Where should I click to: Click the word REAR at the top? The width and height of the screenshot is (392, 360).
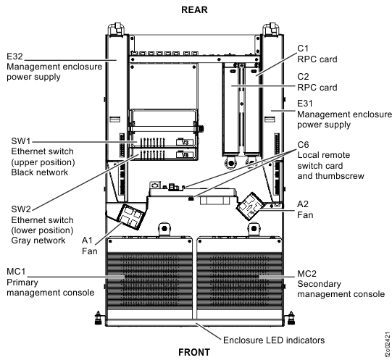(x=194, y=9)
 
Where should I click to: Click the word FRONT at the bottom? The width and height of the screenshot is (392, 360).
(x=194, y=352)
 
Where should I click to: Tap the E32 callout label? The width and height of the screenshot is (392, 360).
(x=14, y=56)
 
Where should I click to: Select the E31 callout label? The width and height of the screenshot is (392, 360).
(x=305, y=104)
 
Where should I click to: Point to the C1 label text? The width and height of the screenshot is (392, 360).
(x=303, y=49)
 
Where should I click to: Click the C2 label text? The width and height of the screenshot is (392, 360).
(x=303, y=77)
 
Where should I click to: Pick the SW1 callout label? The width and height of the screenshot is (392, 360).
(x=20, y=141)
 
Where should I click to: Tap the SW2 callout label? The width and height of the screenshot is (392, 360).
(x=21, y=209)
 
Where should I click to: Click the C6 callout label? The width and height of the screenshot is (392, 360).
(x=303, y=145)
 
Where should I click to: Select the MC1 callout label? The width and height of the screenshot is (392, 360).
(x=16, y=272)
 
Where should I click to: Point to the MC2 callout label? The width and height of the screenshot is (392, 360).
(x=306, y=274)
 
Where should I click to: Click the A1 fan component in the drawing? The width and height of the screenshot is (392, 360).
(x=133, y=217)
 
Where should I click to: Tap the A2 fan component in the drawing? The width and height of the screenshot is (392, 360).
(x=251, y=206)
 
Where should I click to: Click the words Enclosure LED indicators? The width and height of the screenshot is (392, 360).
(x=274, y=340)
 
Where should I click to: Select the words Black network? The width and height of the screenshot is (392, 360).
(x=40, y=172)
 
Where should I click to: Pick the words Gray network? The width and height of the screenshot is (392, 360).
(x=38, y=240)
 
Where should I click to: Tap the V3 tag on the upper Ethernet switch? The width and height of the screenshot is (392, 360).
(x=185, y=143)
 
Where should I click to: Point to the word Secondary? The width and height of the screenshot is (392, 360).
(x=319, y=284)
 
